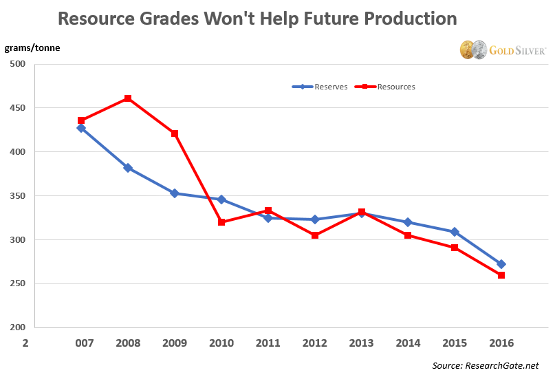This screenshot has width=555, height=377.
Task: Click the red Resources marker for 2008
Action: click(128, 98)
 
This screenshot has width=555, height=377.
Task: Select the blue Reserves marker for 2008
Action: click(128, 168)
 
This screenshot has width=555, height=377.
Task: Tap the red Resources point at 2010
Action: click(221, 222)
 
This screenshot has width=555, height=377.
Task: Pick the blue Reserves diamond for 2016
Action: click(501, 264)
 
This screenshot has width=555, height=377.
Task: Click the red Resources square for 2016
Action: click(501, 275)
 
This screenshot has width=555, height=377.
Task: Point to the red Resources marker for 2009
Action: click(175, 133)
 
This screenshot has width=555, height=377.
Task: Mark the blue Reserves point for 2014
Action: click(408, 222)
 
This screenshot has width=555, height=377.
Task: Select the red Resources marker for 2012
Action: click(315, 235)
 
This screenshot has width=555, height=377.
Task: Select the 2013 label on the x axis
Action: click(361, 342)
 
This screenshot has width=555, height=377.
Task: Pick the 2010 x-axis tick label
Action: click(221, 342)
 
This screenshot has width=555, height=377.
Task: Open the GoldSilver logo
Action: click(503, 50)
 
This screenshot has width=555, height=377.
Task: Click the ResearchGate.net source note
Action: click(486, 365)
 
